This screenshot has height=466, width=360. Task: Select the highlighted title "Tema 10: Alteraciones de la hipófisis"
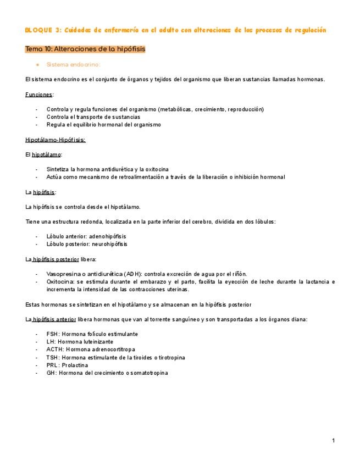tap(85, 49)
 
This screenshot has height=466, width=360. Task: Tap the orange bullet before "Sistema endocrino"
tap(37, 64)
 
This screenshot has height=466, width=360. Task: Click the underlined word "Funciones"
tap(38, 95)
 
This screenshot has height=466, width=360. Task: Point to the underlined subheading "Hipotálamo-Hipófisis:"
tap(55, 140)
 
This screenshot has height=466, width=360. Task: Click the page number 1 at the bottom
tap(334, 441)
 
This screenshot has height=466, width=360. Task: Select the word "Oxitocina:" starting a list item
tap(61, 281)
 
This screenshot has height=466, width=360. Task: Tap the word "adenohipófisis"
tap(108, 236)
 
